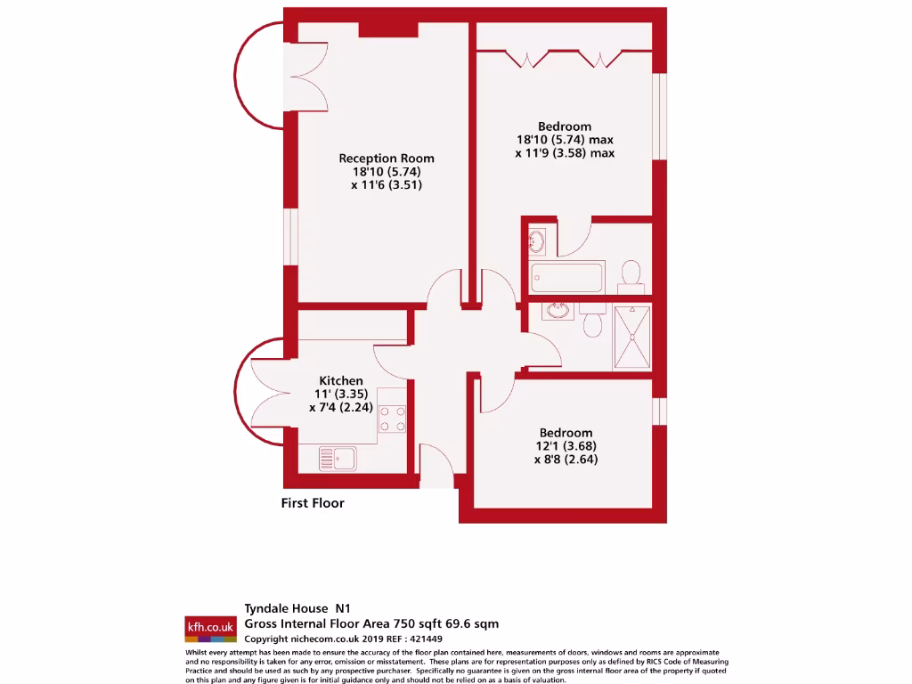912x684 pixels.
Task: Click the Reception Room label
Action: pos(387,159)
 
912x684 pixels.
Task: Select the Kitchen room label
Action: pos(341,380)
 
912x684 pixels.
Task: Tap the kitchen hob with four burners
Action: pos(393,418)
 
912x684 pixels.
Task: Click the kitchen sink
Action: pos(338,459)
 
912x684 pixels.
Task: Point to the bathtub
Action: pos(567,276)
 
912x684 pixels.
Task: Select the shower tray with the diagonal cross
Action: pos(632,338)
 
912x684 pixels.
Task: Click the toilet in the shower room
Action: pos(594,322)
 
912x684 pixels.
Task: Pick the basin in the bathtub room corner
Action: pos(536,240)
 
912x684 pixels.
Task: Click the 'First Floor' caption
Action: pos(313,503)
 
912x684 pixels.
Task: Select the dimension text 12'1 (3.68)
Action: pos(565,446)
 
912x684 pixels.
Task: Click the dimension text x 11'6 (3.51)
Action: pos(387,185)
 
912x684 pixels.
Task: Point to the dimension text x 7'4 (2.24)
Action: pos(341,407)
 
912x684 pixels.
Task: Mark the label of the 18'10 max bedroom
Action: pos(565,126)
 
